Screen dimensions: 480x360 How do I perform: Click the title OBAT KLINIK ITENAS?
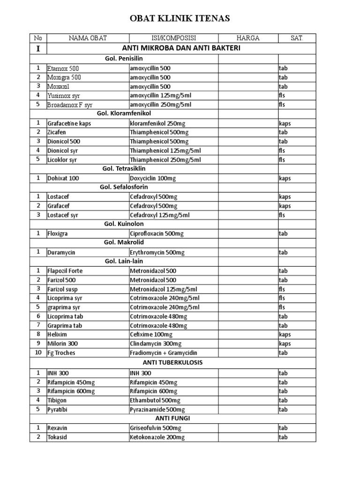pyautogui.click(x=180, y=19)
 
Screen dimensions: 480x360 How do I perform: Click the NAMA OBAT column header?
pyautogui.click(x=87, y=38)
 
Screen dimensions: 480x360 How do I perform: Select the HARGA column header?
pyautogui.click(x=248, y=38)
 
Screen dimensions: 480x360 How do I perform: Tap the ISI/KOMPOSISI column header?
pyautogui.click(x=173, y=38)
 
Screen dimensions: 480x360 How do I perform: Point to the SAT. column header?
pyautogui.click(x=296, y=38)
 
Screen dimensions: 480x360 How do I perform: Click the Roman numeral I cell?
pyautogui.click(x=38, y=48)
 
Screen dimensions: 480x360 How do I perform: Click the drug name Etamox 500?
pyautogui.click(x=64, y=68)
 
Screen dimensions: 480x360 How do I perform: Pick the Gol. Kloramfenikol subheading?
pyautogui.click(x=124, y=113)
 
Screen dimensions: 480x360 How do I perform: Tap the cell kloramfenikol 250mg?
pyautogui.click(x=157, y=123)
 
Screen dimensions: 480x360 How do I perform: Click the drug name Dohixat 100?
pyautogui.click(x=63, y=179)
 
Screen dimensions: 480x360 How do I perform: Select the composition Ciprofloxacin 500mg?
pyautogui.click(x=157, y=233)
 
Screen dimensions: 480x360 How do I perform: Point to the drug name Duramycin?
pyautogui.click(x=61, y=252)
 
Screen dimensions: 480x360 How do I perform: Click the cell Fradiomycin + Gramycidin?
pyautogui.click(x=163, y=353)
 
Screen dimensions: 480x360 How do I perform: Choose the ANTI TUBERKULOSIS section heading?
pyautogui.click(x=172, y=362)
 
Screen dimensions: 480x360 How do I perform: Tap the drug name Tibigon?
pyautogui.click(x=57, y=400)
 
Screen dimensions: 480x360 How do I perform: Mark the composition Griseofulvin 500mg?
pyautogui.click(x=157, y=428)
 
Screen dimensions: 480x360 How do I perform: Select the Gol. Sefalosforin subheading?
pyautogui.click(x=124, y=187)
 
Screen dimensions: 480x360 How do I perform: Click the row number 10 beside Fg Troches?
pyautogui.click(x=38, y=353)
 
